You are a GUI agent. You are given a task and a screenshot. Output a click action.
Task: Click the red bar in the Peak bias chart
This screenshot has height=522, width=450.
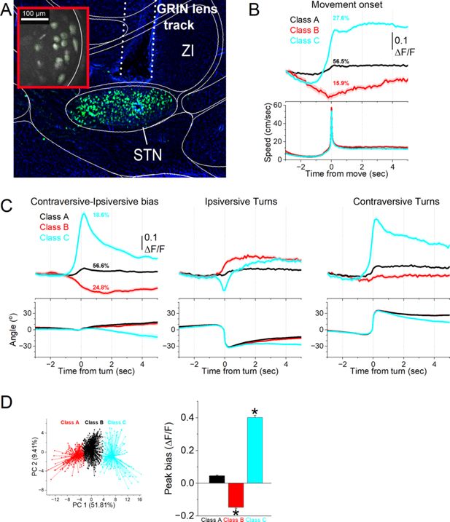(x=233, y=495)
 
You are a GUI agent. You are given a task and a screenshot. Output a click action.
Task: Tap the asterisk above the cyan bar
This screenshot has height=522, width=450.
(x=255, y=413)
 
